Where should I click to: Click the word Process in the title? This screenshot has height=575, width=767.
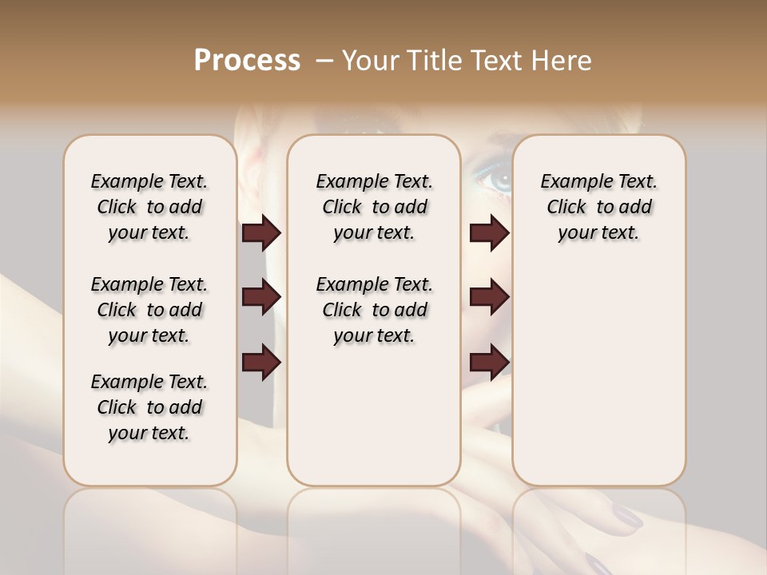click(247, 61)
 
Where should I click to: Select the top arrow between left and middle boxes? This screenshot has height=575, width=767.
click(261, 233)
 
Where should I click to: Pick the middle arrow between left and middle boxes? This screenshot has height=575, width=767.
click(261, 298)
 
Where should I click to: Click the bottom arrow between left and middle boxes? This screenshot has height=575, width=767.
click(261, 362)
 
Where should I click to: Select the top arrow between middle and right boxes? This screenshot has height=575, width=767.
click(489, 233)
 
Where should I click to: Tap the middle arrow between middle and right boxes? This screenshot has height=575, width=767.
click(489, 298)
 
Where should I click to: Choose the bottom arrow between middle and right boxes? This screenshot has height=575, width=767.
click(489, 362)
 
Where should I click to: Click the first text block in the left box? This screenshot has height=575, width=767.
click(149, 207)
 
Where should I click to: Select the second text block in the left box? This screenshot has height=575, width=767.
click(149, 310)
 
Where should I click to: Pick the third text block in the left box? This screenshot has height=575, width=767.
click(149, 407)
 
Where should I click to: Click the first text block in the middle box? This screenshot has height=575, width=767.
click(374, 207)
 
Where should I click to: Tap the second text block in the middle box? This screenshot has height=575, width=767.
click(374, 310)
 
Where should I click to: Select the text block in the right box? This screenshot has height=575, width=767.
click(598, 207)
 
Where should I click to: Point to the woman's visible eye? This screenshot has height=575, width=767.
click(492, 179)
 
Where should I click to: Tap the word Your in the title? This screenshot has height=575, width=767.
click(368, 61)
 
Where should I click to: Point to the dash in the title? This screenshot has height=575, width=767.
click(324, 61)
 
